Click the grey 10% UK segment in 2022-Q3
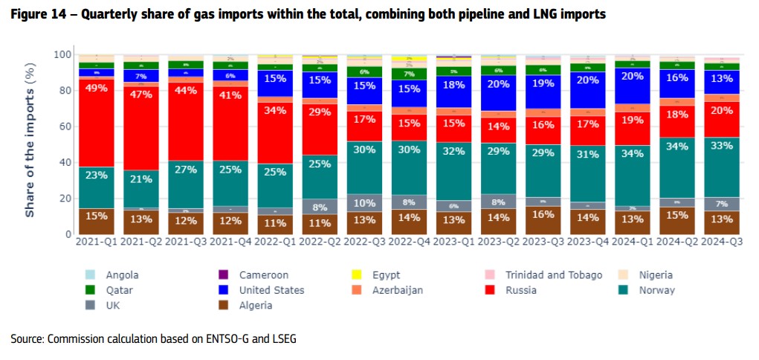(364, 203)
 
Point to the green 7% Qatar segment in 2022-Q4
(408, 74)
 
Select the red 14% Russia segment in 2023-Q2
(497, 126)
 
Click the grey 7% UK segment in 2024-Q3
(721, 204)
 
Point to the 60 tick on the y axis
(65, 126)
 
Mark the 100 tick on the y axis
(63, 55)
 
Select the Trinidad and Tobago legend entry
(554, 275)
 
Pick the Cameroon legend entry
(263, 275)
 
